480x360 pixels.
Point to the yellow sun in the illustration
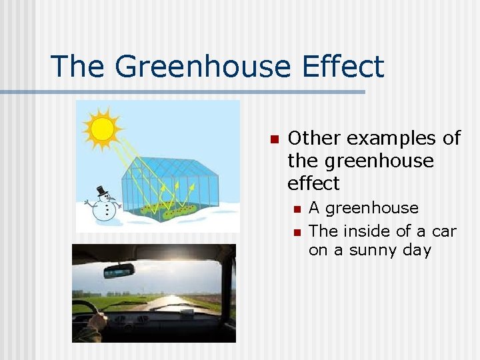click(102, 129)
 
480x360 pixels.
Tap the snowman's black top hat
click(102, 191)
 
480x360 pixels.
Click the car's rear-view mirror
click(119, 271)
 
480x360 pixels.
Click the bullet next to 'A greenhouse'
click(297, 210)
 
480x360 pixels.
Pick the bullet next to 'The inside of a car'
click(297, 233)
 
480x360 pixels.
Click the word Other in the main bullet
click(315, 138)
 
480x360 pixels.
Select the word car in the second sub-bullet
click(443, 231)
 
